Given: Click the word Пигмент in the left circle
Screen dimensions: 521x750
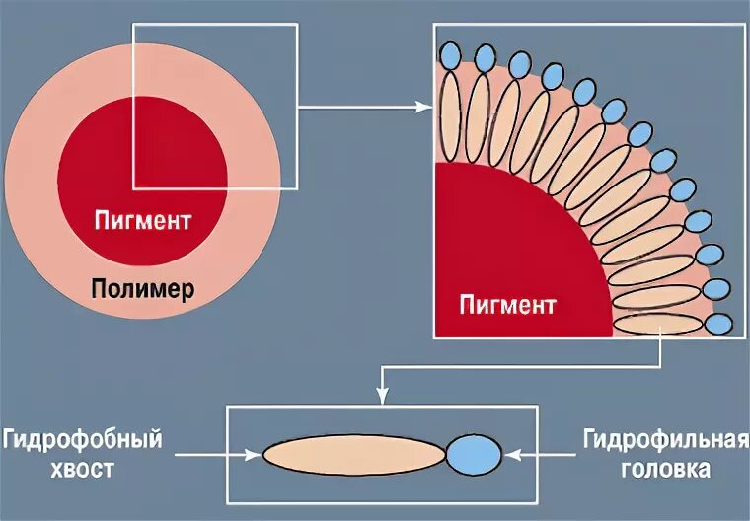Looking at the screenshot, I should click(x=143, y=219).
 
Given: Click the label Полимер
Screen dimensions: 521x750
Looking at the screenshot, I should click(x=143, y=290).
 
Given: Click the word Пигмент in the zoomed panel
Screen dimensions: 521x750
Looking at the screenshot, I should click(x=507, y=304).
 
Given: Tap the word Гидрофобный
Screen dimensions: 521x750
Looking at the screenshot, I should click(x=82, y=438).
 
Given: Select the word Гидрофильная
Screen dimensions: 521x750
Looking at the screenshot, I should click(x=666, y=438).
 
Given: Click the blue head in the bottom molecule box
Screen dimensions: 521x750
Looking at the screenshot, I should click(x=474, y=454).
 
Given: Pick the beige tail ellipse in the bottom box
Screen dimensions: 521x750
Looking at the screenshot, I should click(x=354, y=454).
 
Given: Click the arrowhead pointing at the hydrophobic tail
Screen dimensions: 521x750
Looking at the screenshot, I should click(x=256, y=454).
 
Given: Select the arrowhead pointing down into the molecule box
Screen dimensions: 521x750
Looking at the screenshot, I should click(x=383, y=398).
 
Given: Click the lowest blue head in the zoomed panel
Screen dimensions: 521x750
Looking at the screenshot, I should click(x=719, y=324).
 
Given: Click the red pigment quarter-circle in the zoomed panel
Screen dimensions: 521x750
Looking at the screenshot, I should click(x=503, y=257).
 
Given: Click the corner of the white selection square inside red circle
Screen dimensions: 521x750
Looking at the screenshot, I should click(x=134, y=187).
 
